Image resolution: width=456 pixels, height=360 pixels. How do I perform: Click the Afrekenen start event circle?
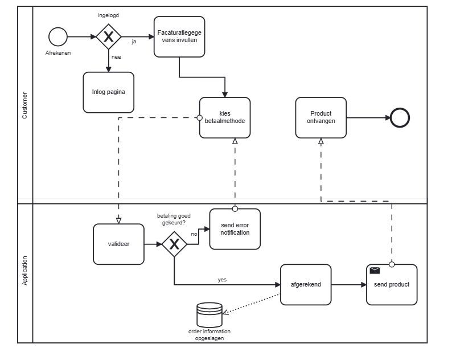pos(58,37)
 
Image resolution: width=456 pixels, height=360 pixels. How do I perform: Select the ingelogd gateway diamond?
pos(108,37)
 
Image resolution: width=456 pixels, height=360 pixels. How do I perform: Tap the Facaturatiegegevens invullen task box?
pos(179,36)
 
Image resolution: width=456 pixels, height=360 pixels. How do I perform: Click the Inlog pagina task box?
pos(108,92)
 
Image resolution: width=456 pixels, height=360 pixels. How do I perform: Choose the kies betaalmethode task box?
pos(225,117)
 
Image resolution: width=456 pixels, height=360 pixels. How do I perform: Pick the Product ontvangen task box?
pos(321,117)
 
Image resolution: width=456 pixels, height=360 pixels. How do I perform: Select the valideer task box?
pos(118,244)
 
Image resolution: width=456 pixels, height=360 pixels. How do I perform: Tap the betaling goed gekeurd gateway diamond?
pos(174,244)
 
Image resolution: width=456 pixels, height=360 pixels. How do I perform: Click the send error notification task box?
pos(235,228)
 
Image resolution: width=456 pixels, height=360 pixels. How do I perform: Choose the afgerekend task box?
pos(306,284)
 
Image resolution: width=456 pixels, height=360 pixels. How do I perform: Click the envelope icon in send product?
pos(375,271)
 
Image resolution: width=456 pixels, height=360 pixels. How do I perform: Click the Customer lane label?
pos(24,105)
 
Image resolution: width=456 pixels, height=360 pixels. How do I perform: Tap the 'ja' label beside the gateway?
pos(134,42)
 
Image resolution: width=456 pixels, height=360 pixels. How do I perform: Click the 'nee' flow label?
pos(116,57)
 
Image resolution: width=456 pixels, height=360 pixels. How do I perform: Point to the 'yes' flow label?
pos(222,280)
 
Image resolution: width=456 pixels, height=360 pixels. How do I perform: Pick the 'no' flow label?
pos(194,234)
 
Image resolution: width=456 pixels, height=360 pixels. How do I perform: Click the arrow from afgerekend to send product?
pos(349,284)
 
